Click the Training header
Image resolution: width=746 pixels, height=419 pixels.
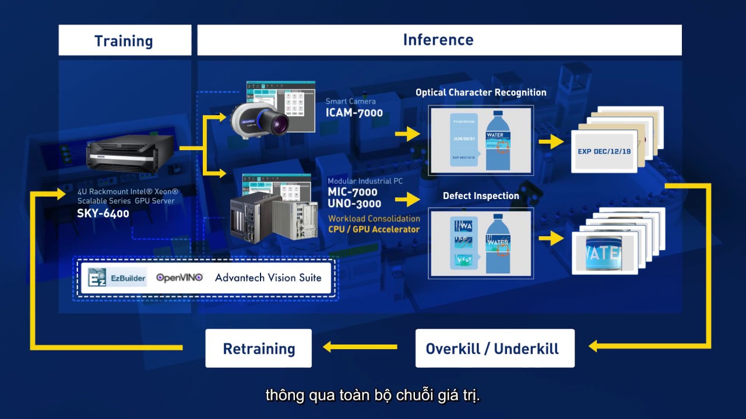point(124,41)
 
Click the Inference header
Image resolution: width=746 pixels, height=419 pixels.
point(438,40)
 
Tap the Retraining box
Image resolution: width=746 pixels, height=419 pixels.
point(259,349)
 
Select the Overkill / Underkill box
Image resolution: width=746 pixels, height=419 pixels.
point(494,349)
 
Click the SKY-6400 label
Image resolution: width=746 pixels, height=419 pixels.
point(103,214)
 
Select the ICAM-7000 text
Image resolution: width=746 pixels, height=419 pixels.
point(354,113)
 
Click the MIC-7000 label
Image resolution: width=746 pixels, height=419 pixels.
point(352,192)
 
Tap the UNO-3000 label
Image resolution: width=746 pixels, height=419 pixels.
point(354,204)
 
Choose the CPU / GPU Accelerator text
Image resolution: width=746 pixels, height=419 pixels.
point(374,229)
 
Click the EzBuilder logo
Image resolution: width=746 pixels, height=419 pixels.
point(117,278)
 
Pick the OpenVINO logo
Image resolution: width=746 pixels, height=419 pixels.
point(180,278)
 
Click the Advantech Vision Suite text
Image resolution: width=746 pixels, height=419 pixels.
point(268,278)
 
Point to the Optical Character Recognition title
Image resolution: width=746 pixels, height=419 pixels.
point(481,93)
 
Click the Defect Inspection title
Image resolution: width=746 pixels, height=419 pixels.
point(481,196)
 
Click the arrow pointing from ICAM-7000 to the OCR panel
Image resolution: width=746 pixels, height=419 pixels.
point(407,134)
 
